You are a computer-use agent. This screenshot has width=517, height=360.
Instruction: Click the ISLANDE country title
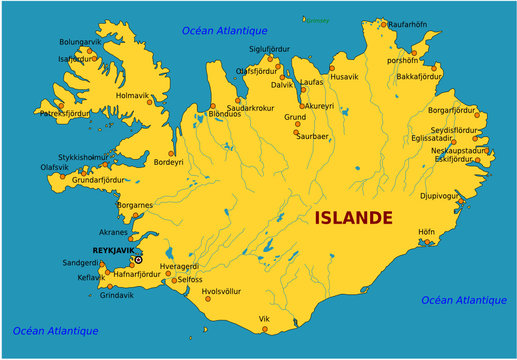(353, 217)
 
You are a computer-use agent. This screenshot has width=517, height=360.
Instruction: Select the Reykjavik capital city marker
(138, 259)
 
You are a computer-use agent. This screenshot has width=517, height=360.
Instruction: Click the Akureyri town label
(318, 106)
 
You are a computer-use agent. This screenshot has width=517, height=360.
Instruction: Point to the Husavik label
(343, 77)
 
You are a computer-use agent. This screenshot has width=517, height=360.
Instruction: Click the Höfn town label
(427, 231)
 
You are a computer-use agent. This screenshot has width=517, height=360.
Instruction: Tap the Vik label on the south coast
(264, 319)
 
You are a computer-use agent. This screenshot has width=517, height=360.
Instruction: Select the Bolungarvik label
(53, 42)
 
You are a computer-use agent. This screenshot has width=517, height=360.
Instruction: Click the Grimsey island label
(317, 20)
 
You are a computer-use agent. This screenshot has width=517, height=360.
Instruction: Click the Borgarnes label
(135, 205)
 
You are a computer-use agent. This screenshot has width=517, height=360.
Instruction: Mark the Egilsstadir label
(439, 140)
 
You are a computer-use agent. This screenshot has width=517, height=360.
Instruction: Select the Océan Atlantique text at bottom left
(55, 331)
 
